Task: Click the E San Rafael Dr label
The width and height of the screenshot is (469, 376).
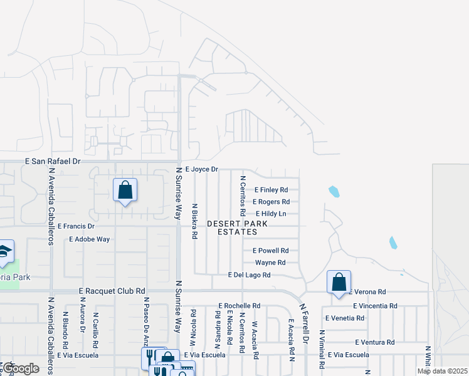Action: [x=53, y=161]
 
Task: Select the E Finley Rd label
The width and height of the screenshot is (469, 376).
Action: [x=271, y=189]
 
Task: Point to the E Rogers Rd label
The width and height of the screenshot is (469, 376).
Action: [x=271, y=202]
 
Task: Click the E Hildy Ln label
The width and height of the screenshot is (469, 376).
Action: [x=271, y=214]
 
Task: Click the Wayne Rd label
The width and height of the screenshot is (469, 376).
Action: [x=270, y=263]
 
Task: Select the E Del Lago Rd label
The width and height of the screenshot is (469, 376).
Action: [x=249, y=275]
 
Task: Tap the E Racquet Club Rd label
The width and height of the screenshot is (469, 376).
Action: [x=112, y=291]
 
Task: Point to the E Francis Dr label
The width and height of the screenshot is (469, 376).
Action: [x=76, y=226]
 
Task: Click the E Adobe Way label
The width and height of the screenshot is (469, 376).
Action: [x=90, y=239]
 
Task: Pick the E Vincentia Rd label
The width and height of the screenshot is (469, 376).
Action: [x=375, y=306]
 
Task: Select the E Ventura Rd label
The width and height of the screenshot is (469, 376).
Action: [x=374, y=342]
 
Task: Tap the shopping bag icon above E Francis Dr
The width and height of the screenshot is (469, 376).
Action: [x=125, y=190]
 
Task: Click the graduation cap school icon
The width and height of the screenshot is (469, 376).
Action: [x=4, y=251]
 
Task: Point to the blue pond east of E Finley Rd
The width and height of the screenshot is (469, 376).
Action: [x=334, y=191]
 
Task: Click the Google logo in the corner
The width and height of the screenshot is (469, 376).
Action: [x=21, y=369]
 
